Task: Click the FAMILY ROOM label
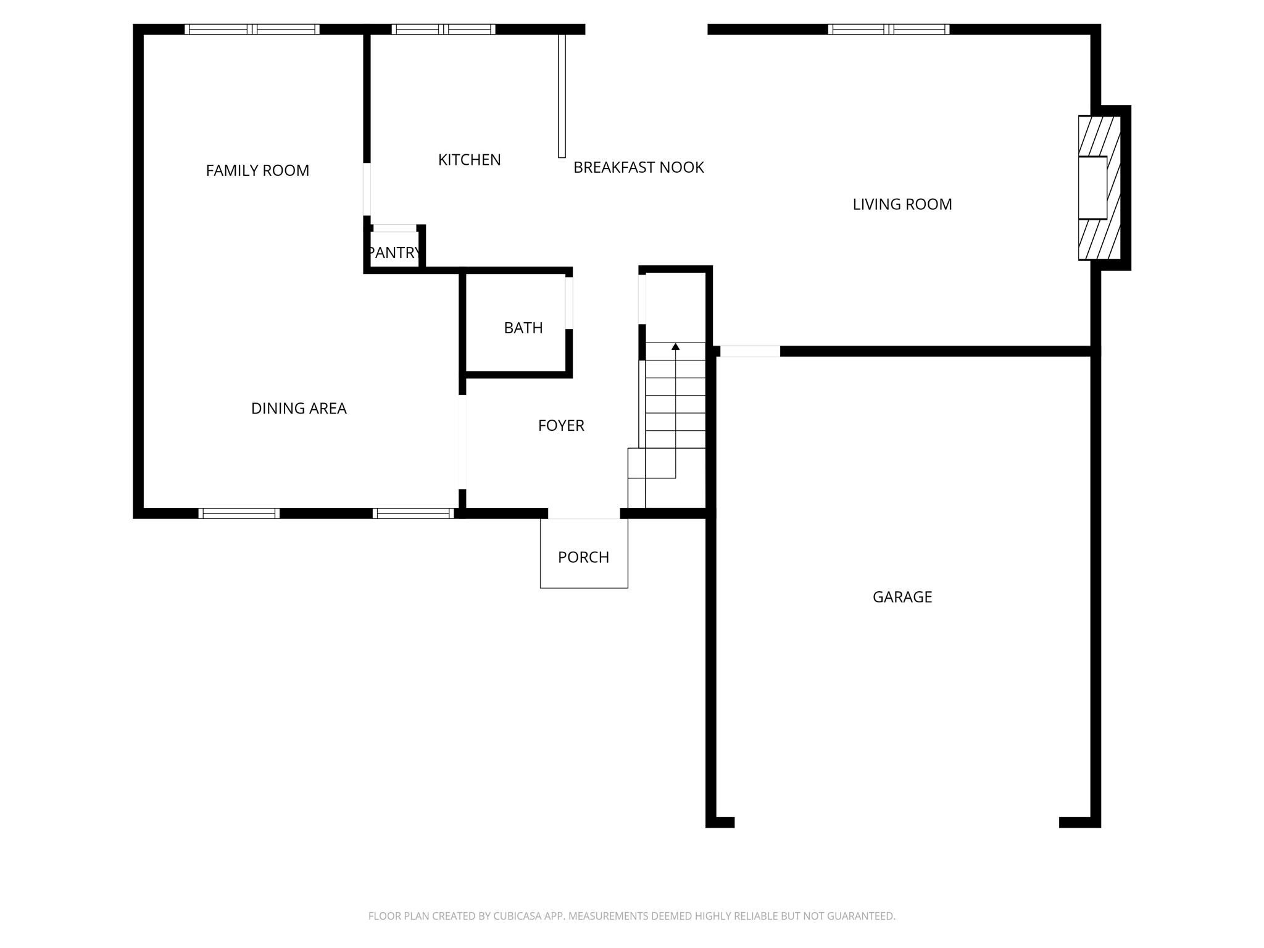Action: [257, 170]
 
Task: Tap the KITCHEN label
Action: [469, 160]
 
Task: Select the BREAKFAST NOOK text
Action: [638, 167]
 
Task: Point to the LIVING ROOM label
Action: [902, 204]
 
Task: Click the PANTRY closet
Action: [394, 250]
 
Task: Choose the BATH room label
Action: [523, 328]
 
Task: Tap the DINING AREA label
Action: [299, 409]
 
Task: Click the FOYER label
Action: [561, 425]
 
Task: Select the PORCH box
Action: [584, 553]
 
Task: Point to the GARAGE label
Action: [902, 597]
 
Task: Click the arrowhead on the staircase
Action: [675, 347]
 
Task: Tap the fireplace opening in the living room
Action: [1092, 188]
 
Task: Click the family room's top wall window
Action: [252, 29]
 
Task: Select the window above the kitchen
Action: [443, 29]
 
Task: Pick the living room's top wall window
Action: [888, 29]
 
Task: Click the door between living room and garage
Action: [750, 351]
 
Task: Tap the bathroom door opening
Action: [569, 303]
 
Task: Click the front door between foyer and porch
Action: [584, 513]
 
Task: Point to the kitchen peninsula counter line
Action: [562, 96]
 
